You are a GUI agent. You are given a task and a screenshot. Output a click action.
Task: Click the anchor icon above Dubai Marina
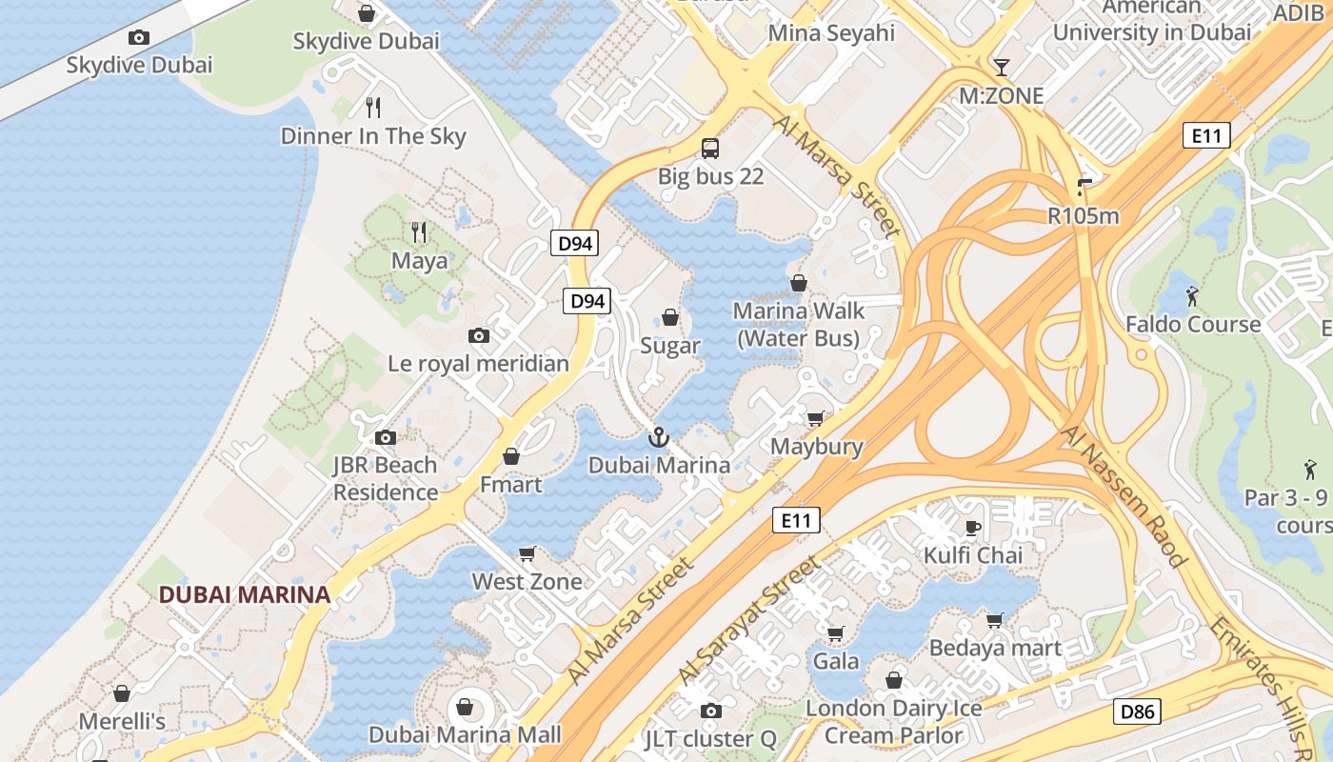(658, 437)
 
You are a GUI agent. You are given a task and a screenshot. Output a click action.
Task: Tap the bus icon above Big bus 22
(710, 148)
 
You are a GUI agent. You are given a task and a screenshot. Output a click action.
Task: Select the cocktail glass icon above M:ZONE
(1001, 67)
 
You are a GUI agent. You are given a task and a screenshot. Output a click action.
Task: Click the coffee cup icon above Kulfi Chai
(973, 527)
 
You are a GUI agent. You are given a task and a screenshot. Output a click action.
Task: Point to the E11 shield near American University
(1205, 135)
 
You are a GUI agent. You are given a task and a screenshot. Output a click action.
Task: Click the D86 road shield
(1137, 711)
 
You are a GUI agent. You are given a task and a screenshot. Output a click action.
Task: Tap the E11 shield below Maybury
(795, 520)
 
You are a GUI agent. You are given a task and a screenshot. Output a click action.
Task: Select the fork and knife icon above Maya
(418, 231)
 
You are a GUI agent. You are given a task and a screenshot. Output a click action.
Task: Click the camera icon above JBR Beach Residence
(385, 437)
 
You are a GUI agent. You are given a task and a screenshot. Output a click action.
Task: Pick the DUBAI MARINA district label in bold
(244, 594)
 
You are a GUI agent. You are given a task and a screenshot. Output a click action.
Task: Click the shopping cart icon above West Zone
(527, 553)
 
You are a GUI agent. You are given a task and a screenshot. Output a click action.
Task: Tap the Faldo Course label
(1193, 324)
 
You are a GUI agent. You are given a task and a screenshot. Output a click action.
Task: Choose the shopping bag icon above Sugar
(670, 317)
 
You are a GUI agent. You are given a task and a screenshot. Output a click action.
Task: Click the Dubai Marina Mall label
(465, 734)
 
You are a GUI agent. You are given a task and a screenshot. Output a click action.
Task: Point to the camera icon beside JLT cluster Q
(710, 711)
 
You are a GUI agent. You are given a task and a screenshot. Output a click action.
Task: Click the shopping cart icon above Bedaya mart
(995, 620)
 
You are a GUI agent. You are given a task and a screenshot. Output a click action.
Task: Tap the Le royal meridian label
(478, 363)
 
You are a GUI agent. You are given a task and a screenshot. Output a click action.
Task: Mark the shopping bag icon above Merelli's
(122, 693)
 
